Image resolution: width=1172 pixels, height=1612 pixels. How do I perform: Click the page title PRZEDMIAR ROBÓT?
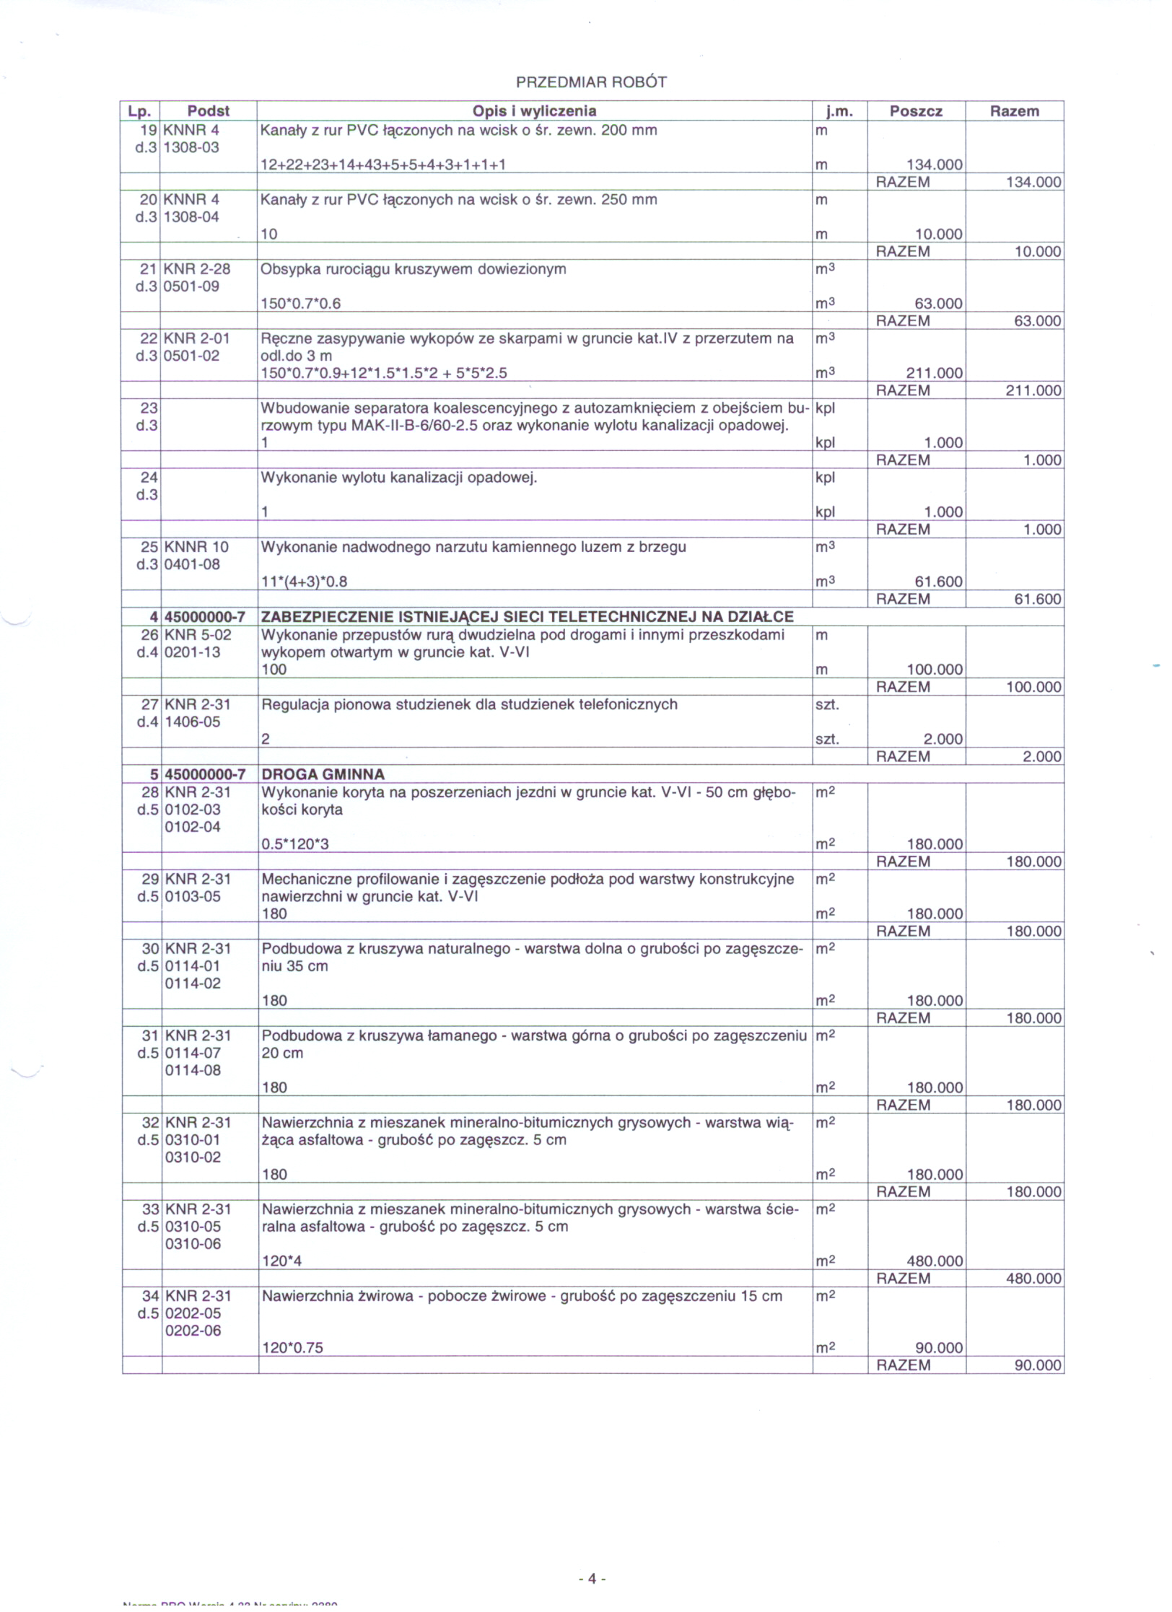point(591,82)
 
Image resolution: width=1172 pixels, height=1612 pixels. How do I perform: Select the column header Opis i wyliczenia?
point(534,111)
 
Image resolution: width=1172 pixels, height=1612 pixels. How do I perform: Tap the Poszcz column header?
point(916,111)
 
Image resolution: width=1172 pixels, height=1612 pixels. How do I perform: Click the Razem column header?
point(1014,111)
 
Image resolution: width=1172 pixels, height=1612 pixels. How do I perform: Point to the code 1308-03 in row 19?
point(191,147)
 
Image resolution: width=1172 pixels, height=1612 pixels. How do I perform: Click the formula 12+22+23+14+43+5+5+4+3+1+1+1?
point(382,165)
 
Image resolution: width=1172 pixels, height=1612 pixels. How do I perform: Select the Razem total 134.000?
point(1033,182)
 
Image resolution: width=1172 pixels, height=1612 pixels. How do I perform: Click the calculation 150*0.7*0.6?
point(300,304)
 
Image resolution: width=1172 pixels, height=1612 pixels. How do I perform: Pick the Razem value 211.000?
point(1033,390)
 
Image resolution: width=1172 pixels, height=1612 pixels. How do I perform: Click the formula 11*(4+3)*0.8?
point(304,582)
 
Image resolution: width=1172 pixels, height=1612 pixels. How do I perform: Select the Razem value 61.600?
point(1037,599)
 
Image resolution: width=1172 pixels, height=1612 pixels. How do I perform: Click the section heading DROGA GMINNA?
point(323,774)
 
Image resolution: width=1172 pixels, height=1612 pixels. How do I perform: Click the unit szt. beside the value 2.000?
point(827,739)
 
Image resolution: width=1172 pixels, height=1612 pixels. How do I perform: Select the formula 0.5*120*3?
point(295,844)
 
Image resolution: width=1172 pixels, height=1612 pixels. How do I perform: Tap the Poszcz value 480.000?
point(935,1261)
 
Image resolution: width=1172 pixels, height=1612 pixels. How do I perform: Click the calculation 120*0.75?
point(292,1348)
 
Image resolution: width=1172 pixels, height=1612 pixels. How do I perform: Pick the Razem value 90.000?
point(1037,1365)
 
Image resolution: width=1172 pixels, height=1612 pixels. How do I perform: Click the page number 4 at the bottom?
point(591,1579)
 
